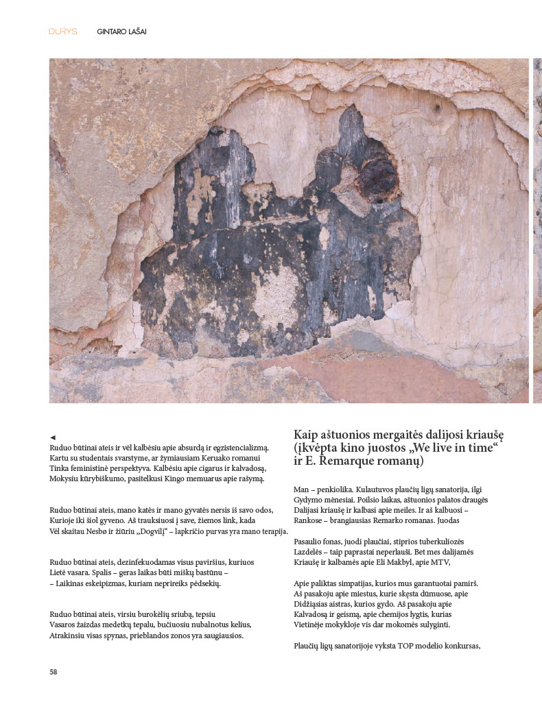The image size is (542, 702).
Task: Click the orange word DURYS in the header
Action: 63,32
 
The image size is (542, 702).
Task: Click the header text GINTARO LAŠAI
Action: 121,32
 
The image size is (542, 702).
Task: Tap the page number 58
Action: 54,672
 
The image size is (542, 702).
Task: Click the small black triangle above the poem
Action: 53,437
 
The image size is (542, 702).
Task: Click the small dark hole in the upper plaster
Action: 436,108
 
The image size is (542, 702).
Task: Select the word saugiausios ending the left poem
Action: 221,635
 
